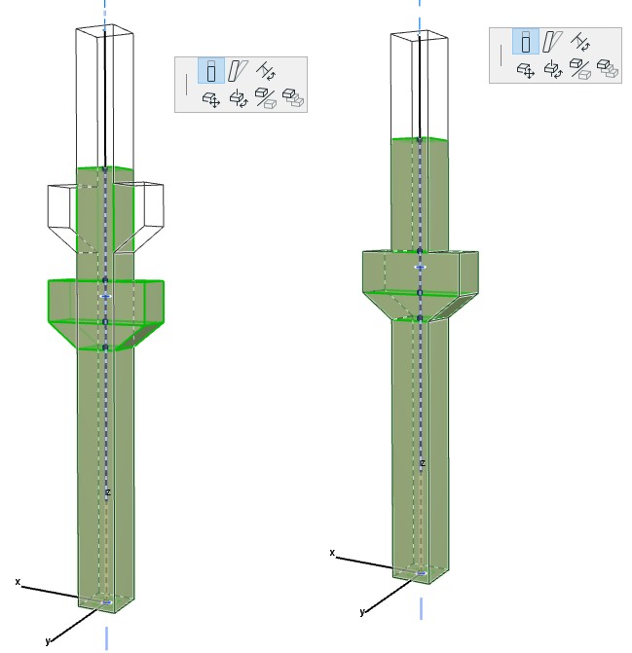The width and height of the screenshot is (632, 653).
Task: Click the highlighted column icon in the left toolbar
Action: (211, 70)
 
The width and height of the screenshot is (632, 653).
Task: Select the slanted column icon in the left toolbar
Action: (237, 70)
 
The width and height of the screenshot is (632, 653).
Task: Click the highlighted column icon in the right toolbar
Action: (526, 41)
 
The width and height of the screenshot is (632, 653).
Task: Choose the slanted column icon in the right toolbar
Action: (552, 41)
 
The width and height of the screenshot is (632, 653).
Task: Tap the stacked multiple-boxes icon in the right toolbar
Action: (608, 68)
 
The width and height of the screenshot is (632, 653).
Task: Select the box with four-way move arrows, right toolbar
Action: (526, 68)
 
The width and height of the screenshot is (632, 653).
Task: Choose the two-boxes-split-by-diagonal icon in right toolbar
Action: (580, 68)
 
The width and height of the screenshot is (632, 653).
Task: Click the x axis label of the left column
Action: (18, 582)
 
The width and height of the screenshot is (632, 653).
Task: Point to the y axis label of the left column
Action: (47, 640)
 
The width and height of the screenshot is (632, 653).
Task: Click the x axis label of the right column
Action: (332, 553)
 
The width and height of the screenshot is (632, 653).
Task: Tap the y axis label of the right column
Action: (362, 612)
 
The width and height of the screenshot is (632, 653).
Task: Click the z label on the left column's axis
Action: (107, 493)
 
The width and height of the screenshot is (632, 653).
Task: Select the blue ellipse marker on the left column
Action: (106, 295)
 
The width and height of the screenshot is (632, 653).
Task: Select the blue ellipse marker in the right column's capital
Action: (421, 266)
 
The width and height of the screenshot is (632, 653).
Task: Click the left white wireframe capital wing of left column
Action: (60, 209)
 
